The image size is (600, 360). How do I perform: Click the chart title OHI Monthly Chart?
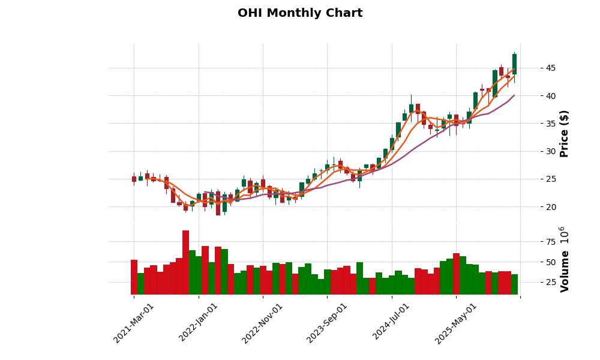tap(300, 13)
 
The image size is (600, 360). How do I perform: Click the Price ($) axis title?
tap(565, 133)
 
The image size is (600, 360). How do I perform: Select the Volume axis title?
tap(565, 259)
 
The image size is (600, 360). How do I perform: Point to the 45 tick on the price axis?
tap(534, 68)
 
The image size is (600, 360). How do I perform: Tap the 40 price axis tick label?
tap(534, 96)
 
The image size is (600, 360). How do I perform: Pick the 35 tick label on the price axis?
tap(534, 124)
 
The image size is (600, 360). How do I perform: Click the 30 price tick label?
tap(534, 151)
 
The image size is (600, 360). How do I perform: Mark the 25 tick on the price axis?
tap(534, 179)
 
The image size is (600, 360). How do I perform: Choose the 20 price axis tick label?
tap(534, 207)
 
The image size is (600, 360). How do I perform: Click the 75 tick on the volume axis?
tap(534, 242)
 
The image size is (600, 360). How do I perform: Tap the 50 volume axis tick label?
tap(534, 262)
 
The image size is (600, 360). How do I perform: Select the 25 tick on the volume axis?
tap(534, 282)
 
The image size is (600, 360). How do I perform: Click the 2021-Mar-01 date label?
tap(134, 323)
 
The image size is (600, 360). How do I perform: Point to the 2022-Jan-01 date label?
tap(199, 323)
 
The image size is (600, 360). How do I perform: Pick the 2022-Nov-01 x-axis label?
tap(262, 323)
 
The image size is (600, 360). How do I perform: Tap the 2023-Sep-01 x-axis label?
tap(327, 323)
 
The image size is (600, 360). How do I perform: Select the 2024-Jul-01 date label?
tap(391, 323)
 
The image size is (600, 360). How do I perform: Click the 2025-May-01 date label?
tap(456, 323)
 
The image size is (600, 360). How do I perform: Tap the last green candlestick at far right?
tap(514, 64)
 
